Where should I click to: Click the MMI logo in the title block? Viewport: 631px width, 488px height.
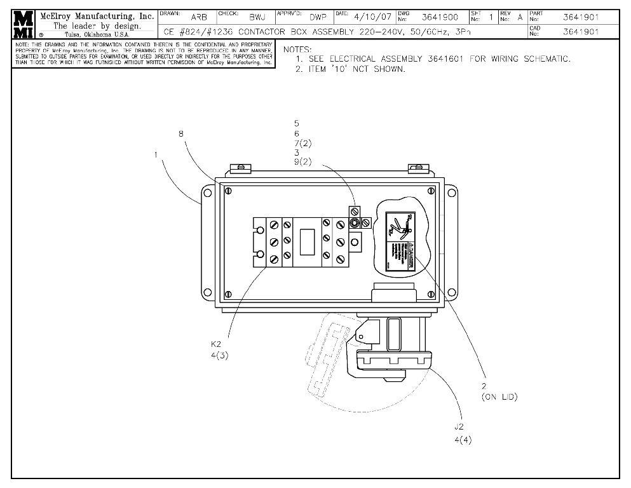pos(24,24)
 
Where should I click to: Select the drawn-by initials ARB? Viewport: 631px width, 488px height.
pos(198,18)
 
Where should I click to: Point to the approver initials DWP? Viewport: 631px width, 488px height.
pos(318,18)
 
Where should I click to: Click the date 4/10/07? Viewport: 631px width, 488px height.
pos(372,17)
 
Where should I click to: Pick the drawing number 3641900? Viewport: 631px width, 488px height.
pos(440,18)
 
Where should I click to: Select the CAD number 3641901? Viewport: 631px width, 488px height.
pos(581,31)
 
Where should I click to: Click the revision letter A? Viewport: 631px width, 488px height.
pos(520,18)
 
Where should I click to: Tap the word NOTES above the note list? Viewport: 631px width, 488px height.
pos(297,49)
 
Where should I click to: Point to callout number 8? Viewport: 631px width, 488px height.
pos(181,134)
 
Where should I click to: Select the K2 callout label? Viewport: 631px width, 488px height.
pos(217,344)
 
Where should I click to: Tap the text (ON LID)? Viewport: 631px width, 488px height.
pos(499,397)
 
